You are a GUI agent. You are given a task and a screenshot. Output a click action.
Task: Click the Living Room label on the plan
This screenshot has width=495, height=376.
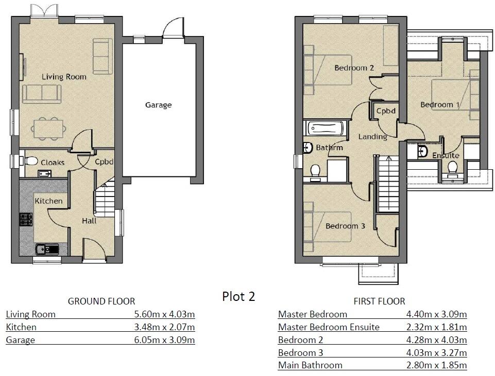pyautogui.click(x=64, y=77)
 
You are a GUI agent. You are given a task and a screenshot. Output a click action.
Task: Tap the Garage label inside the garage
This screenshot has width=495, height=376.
pyautogui.click(x=158, y=105)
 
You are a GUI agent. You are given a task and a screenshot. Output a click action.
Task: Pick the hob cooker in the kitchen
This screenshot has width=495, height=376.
pyautogui.click(x=25, y=220)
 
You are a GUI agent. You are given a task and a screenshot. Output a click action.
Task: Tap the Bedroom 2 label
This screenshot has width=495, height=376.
pyautogui.click(x=354, y=68)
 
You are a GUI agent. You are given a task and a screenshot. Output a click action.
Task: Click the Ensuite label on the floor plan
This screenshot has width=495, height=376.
pyautogui.click(x=445, y=155)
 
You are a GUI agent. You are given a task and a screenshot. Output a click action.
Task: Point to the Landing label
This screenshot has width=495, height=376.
pyautogui.click(x=372, y=137)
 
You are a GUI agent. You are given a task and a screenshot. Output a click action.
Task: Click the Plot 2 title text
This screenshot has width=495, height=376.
pyautogui.click(x=238, y=297)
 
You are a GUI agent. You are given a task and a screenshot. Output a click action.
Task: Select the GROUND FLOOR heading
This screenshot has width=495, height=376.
pyautogui.click(x=101, y=301)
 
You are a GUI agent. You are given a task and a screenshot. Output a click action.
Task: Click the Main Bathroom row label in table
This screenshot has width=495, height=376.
pyautogui.click(x=310, y=366)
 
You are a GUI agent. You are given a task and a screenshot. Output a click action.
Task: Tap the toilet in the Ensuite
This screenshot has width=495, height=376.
pyautogui.click(x=453, y=168)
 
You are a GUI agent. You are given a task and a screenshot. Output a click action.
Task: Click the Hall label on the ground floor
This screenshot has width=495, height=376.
pyautogui.click(x=89, y=221)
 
